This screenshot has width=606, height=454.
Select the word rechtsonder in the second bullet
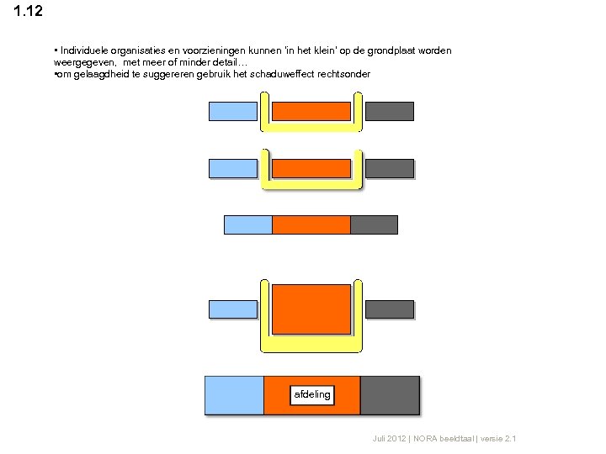(342, 74)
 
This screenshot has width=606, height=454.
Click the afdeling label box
(312, 394)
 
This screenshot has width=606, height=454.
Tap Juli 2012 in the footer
(389, 440)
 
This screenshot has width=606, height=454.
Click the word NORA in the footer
(426, 440)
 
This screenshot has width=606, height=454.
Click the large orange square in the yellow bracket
(311, 309)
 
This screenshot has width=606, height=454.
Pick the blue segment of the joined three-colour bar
(247, 224)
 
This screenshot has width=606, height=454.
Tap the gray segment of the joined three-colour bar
(374, 224)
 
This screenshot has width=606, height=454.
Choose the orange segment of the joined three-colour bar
(311, 224)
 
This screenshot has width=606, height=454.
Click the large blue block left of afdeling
(234, 395)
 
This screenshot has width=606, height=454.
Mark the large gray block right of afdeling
(389, 395)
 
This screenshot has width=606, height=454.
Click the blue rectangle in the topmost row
(232, 111)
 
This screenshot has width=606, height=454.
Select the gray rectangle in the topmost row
(390, 111)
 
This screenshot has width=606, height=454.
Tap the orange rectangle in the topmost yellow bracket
(311, 111)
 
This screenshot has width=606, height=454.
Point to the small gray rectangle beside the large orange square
(390, 309)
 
